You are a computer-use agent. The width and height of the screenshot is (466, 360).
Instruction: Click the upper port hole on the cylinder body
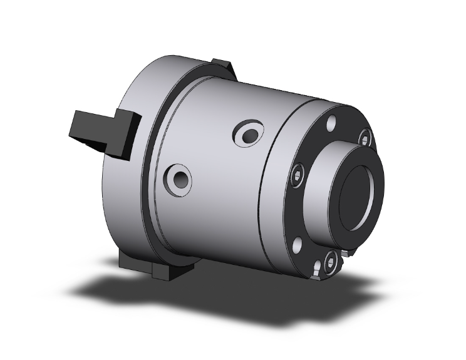[x=249, y=133]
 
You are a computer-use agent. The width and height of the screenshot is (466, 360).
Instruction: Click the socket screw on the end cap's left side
[x=298, y=175]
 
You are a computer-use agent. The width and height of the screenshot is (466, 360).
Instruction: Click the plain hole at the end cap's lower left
[x=298, y=242]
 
